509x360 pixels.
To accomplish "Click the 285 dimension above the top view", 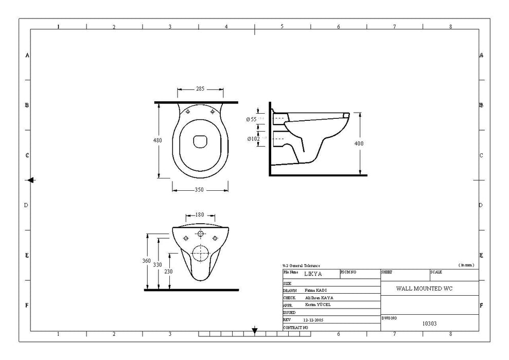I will [200, 89].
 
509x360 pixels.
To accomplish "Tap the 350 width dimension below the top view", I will [199, 190].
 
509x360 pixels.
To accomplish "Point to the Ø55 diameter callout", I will [252, 119].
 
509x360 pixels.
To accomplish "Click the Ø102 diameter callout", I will [253, 138].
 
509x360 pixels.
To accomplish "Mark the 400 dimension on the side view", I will [359, 143].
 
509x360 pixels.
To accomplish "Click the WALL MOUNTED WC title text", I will [424, 289].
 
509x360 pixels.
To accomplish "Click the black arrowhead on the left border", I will [31, 180].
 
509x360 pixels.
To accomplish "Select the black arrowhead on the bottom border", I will [254, 330].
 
